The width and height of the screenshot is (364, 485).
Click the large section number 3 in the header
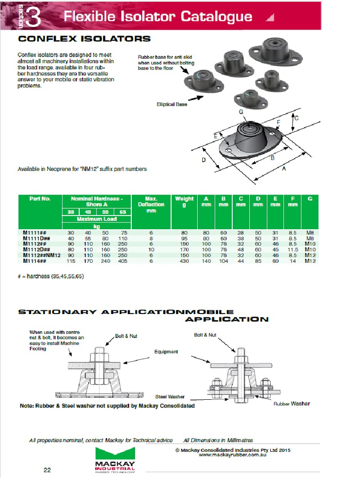[x=33, y=17]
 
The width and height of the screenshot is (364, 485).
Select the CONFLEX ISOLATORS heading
[x=84, y=39]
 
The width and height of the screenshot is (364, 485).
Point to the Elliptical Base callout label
[x=172, y=104]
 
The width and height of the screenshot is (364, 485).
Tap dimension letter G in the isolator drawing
[x=241, y=111]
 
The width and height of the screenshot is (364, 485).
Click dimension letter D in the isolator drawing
[x=203, y=160]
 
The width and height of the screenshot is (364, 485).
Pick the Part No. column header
[x=39, y=199]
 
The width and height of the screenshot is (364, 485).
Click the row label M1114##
[x=35, y=260]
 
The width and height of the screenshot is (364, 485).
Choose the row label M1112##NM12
[x=42, y=255]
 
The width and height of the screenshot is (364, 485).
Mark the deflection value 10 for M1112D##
[x=151, y=249]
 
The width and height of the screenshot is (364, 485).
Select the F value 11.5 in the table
[x=292, y=249]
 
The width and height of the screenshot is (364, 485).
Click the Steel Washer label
[x=170, y=396]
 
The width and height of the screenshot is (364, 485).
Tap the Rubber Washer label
[x=291, y=404]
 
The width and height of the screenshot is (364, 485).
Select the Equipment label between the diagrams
[x=166, y=352]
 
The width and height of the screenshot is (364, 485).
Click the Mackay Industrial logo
[x=115, y=459]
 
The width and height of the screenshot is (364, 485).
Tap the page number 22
[x=47, y=470]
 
